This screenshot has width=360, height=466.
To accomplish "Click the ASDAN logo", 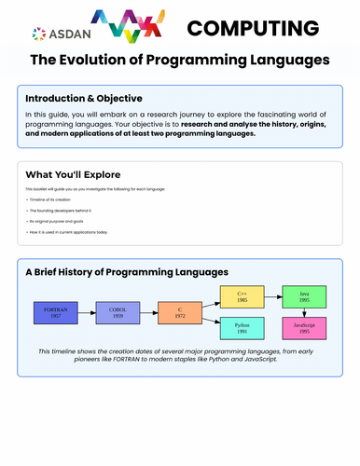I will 56,34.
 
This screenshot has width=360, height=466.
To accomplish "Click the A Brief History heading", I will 127,271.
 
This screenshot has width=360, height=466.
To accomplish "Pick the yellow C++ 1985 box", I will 242,297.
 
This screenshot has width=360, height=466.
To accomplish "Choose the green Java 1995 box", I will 304,297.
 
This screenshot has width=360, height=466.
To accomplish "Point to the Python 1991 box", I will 242,327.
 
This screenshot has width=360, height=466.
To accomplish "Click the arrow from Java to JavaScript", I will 304,312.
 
